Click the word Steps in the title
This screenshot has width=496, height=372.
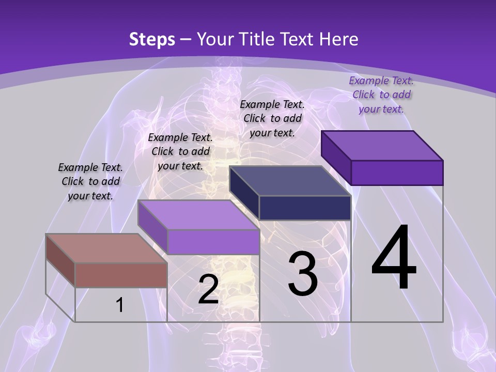tap(152, 39)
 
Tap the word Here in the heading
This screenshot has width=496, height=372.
tap(339, 39)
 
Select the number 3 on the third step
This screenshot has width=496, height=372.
tap(303, 273)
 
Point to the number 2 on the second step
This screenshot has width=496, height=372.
tap(208, 289)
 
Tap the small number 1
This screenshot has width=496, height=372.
tap(119, 305)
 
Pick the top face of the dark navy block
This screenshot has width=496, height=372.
tap(290, 181)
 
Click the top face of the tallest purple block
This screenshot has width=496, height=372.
tap(382, 146)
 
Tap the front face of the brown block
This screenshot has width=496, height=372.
tap(121, 275)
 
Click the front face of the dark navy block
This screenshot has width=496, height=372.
tap(305, 208)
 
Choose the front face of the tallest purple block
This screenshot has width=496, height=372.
tap(397, 173)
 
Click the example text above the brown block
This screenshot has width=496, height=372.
tap(90, 181)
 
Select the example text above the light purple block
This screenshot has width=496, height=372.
tap(180, 151)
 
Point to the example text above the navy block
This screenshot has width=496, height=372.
tap(272, 118)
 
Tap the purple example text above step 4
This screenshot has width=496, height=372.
tap(381, 95)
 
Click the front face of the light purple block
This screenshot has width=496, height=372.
tap(213, 242)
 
